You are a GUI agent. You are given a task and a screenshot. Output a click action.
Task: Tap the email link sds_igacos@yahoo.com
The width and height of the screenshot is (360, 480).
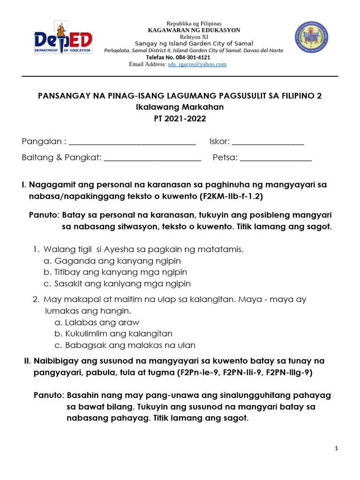coord(197,64)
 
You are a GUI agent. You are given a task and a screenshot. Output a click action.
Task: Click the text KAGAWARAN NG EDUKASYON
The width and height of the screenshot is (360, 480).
coord(194,30)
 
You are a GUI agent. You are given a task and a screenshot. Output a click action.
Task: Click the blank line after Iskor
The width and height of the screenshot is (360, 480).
coord(268,142)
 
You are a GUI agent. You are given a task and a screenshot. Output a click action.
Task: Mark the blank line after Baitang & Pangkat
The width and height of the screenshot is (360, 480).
coord(152,158)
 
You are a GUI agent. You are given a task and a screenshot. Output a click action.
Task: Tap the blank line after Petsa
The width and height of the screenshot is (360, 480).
coord(276,158)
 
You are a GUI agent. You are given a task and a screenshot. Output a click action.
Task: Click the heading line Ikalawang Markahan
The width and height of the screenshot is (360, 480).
coord(180,107)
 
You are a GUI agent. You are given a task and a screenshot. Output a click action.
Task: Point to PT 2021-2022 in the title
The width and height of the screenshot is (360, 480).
coord(180,119)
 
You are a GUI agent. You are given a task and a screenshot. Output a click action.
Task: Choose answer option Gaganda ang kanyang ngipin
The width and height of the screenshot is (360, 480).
coord(117,261)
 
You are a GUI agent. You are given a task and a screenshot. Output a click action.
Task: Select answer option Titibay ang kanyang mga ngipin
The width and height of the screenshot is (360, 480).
coord(120,272)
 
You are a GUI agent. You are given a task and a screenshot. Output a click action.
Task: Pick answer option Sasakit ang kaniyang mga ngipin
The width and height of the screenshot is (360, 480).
coord(122,284)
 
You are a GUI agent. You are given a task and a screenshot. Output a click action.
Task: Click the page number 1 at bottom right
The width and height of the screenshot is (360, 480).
coord(337,449)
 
